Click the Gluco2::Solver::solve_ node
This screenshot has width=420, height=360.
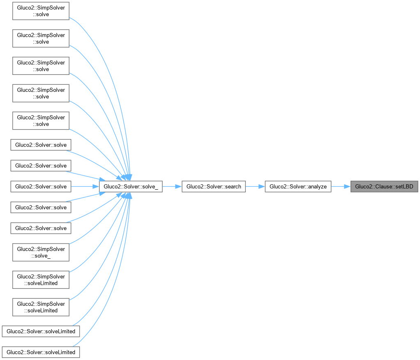[x=131, y=186]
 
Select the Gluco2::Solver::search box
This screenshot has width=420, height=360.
[x=214, y=186]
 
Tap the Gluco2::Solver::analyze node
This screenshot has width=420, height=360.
[x=298, y=186]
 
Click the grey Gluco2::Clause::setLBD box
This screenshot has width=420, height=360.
[x=384, y=186]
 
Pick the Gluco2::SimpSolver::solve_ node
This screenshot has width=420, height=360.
[x=41, y=253]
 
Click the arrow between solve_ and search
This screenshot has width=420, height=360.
[x=172, y=186]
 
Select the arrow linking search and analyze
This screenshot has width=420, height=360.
[x=255, y=186]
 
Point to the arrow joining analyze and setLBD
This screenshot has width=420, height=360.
[x=340, y=186]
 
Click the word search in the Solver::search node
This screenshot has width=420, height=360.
[x=233, y=186]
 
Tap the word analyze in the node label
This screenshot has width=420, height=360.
[x=317, y=186]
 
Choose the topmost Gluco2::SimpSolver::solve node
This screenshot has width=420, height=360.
[x=41, y=11]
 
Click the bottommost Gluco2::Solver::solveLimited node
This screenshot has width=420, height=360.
[x=41, y=352]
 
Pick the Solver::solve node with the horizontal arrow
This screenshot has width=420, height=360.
[x=41, y=186]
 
